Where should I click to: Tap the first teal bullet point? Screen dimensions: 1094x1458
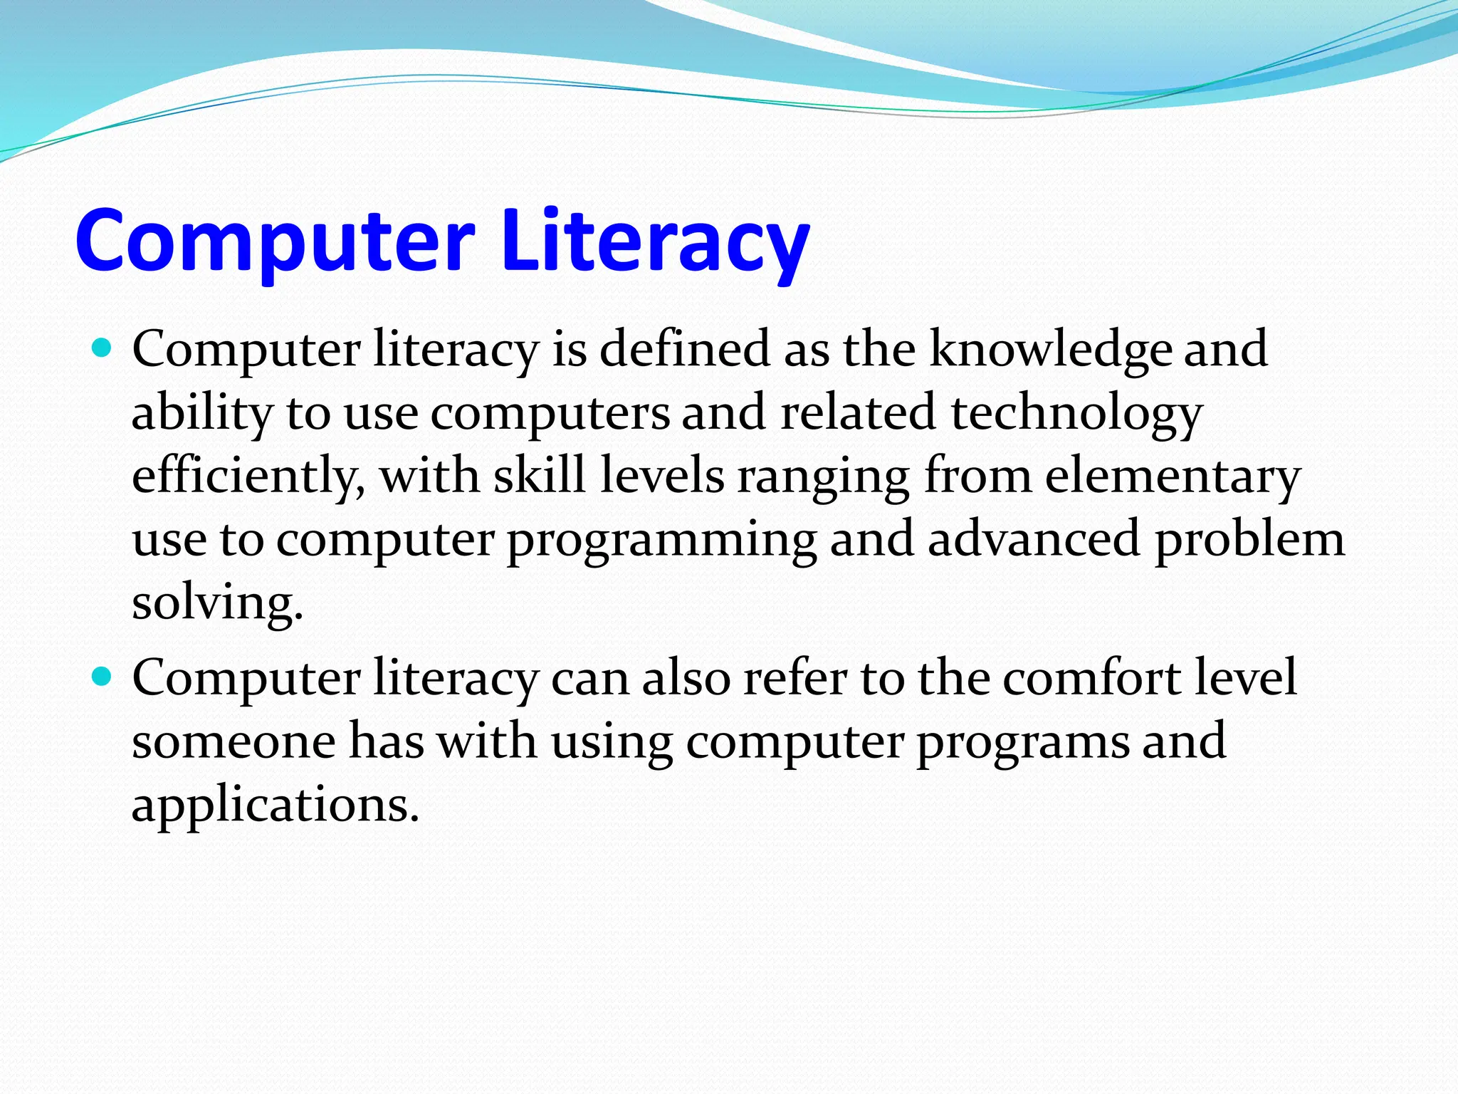pos(103,348)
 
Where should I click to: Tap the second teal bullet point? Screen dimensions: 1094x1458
pos(103,677)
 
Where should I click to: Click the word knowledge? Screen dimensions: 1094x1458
pos(1051,348)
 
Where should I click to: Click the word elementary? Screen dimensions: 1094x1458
pos(1172,476)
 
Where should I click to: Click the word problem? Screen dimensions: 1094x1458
pos(1249,538)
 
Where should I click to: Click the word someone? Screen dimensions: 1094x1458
pos(234,741)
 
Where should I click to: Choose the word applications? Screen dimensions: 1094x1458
pos(275,805)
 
